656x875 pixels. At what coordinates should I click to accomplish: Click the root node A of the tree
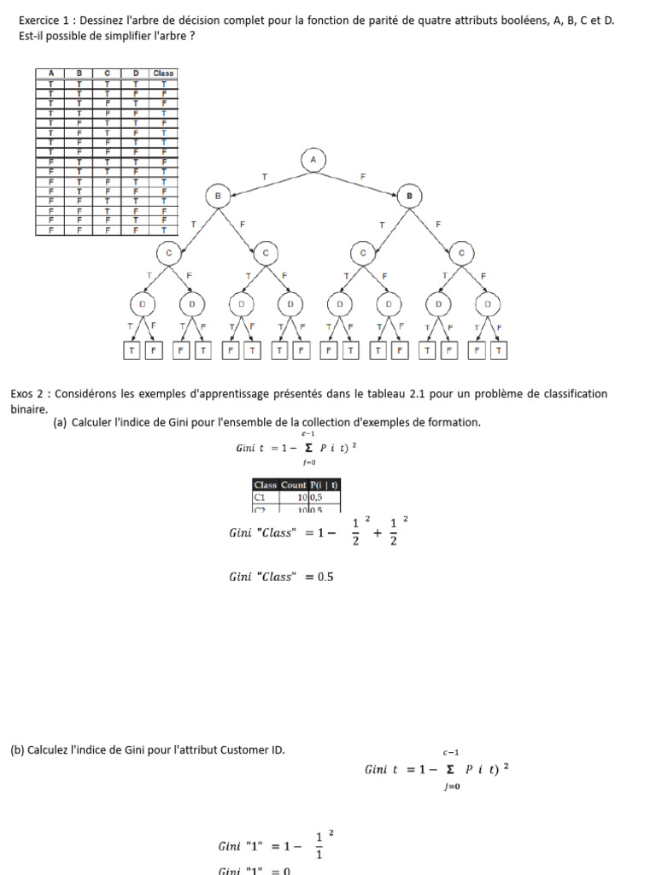[313, 159]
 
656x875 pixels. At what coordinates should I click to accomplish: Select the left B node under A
[218, 197]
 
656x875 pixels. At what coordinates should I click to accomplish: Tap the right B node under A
[409, 197]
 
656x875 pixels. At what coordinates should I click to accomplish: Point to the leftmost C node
[168, 253]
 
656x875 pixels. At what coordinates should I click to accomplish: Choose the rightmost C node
[463, 253]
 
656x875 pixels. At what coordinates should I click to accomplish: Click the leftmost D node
[143, 303]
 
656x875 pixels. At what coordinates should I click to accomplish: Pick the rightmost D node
[489, 303]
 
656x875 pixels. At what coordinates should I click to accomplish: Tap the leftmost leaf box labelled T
[132, 350]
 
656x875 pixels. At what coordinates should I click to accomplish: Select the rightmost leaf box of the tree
[499, 350]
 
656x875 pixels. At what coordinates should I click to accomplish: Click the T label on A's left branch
[264, 177]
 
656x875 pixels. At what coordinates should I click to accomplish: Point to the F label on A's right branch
[363, 177]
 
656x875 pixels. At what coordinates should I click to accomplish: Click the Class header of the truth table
[163, 73]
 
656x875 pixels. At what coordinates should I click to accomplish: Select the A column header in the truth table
[51, 73]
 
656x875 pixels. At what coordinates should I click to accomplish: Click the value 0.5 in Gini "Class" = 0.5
[325, 577]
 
